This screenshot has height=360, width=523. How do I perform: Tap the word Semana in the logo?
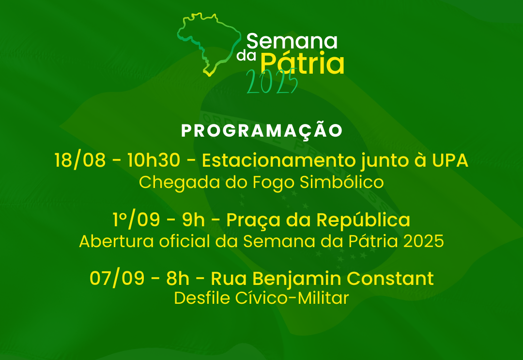tap(292, 42)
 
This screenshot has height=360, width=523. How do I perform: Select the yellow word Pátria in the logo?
tap(302, 64)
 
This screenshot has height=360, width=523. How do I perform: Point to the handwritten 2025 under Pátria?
tap(271, 82)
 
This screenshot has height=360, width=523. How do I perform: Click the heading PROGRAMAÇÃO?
tap(261, 131)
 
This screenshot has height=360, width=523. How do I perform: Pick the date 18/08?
tap(80, 160)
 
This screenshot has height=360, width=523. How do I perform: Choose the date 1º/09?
tap(136, 220)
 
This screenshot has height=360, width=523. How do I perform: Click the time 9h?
tap(194, 220)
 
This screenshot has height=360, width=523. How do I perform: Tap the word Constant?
tap(391, 279)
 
